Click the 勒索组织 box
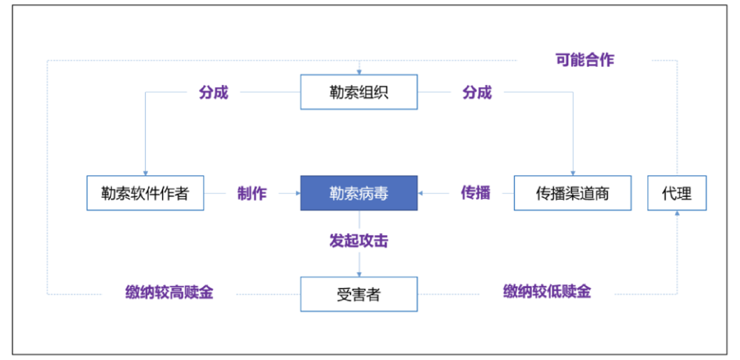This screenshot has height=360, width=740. click(x=358, y=92)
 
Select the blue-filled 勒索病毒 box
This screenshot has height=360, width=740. click(x=358, y=193)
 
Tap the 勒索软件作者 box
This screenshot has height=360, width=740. click(x=145, y=193)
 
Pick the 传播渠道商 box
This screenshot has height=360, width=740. click(x=572, y=193)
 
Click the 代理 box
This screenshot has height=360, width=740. click(x=676, y=193)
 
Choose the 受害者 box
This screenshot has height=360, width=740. click(x=358, y=294)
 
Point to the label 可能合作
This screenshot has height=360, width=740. click(x=584, y=60)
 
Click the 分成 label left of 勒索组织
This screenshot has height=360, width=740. click(x=214, y=93)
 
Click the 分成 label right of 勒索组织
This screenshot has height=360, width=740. click(x=477, y=93)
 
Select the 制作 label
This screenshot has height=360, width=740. click(x=252, y=193)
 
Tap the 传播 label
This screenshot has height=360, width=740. click(x=476, y=193)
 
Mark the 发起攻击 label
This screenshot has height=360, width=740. click(x=358, y=241)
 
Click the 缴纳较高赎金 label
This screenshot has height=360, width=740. click(x=169, y=292)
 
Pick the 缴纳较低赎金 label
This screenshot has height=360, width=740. click(x=547, y=291)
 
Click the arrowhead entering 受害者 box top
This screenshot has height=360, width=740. click(x=359, y=274)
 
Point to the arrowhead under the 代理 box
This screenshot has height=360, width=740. click(x=677, y=213)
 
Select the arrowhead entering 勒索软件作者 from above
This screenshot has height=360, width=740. click(x=145, y=173)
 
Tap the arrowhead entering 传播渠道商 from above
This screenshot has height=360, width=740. click(x=573, y=173)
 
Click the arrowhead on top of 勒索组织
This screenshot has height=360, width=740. click(x=359, y=72)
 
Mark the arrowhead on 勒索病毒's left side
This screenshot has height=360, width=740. click(x=298, y=193)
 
